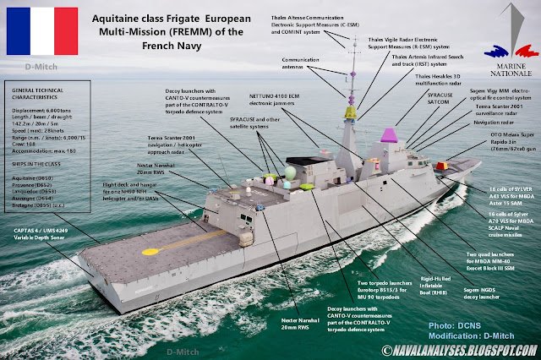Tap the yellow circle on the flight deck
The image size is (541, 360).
click(149, 252)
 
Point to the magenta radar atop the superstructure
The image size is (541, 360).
click(389, 134)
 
